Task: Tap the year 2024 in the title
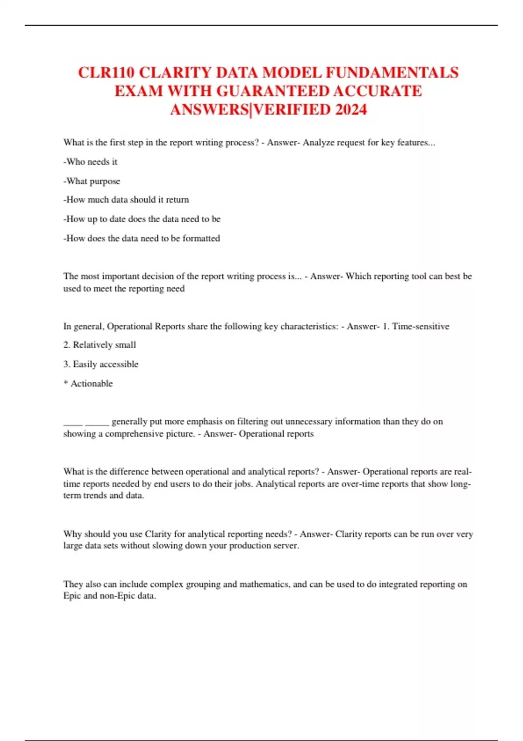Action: click(351, 109)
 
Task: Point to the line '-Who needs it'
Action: click(90, 162)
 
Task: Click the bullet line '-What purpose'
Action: click(92, 181)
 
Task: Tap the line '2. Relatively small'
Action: click(99, 345)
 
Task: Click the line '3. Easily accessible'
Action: click(101, 364)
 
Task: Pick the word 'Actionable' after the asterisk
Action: click(92, 384)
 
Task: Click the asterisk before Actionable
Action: click(66, 383)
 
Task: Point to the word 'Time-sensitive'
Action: click(421, 326)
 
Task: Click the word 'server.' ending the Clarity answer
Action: click(285, 546)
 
